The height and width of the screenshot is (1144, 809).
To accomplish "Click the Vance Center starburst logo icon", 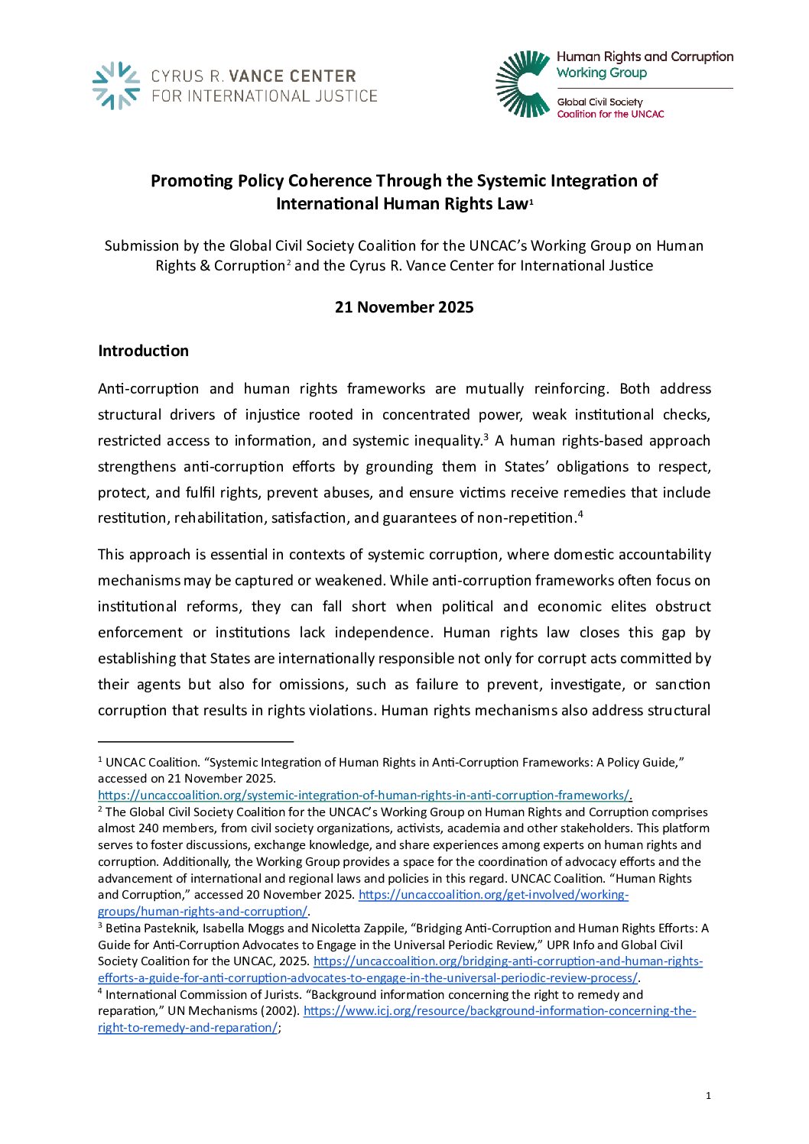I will click(x=115, y=86).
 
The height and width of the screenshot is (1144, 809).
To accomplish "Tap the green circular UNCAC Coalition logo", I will click(x=523, y=84).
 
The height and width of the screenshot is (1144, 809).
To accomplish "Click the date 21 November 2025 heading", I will click(x=404, y=307).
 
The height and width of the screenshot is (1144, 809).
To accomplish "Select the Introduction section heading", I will click(x=143, y=351).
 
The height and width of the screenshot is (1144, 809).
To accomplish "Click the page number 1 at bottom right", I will click(x=708, y=1096).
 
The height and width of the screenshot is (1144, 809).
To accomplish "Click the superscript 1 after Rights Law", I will click(x=531, y=202).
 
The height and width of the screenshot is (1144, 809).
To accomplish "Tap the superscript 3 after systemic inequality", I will click(x=486, y=436).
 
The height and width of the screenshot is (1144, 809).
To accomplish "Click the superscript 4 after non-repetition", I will click(x=580, y=514).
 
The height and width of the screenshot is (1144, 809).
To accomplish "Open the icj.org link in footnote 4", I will click(x=499, y=1011).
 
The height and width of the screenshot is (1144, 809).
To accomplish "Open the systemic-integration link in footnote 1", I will click(x=363, y=796).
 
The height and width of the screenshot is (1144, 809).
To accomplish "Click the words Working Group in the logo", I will click(x=602, y=73).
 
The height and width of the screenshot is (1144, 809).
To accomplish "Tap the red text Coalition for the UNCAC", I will click(x=610, y=115).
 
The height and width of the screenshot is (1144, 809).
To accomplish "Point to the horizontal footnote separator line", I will click(x=196, y=741).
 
